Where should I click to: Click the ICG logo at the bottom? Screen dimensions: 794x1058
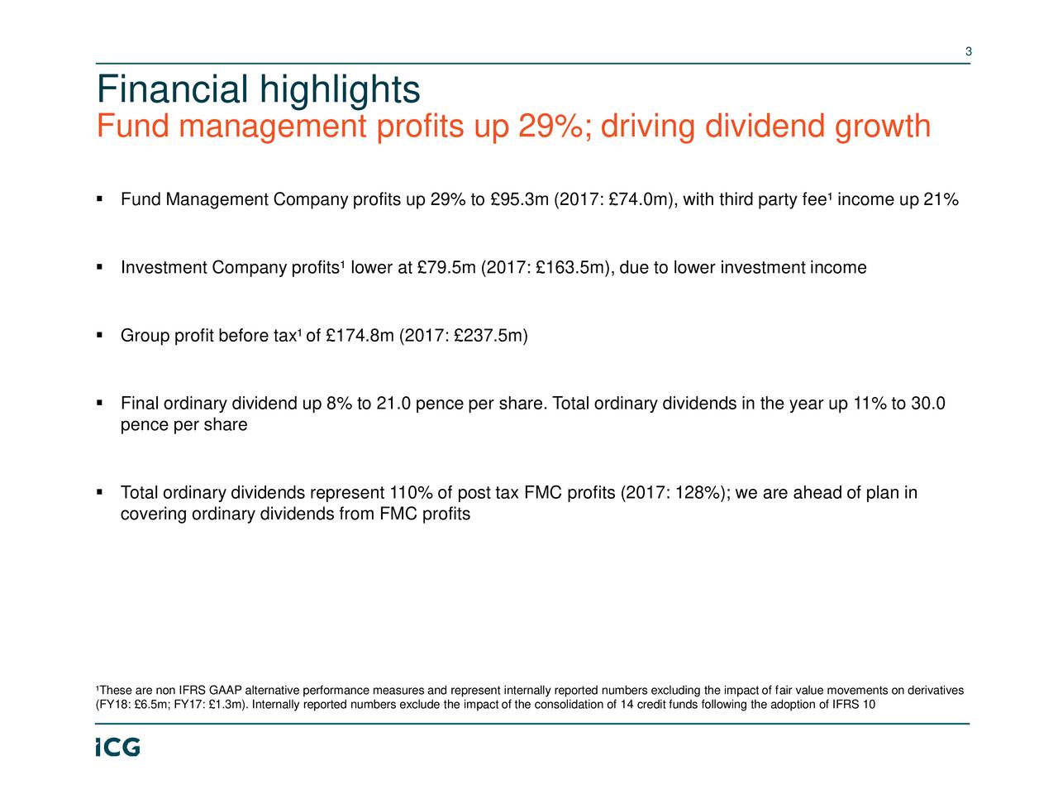coord(117,747)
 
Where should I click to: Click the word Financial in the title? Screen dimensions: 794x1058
coord(172,90)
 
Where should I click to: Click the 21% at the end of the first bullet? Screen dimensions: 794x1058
coord(941,200)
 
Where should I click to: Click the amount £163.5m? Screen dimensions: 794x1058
coord(571,268)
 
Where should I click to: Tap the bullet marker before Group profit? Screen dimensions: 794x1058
coord(99,335)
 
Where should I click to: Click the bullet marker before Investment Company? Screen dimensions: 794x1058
coord(99,267)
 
